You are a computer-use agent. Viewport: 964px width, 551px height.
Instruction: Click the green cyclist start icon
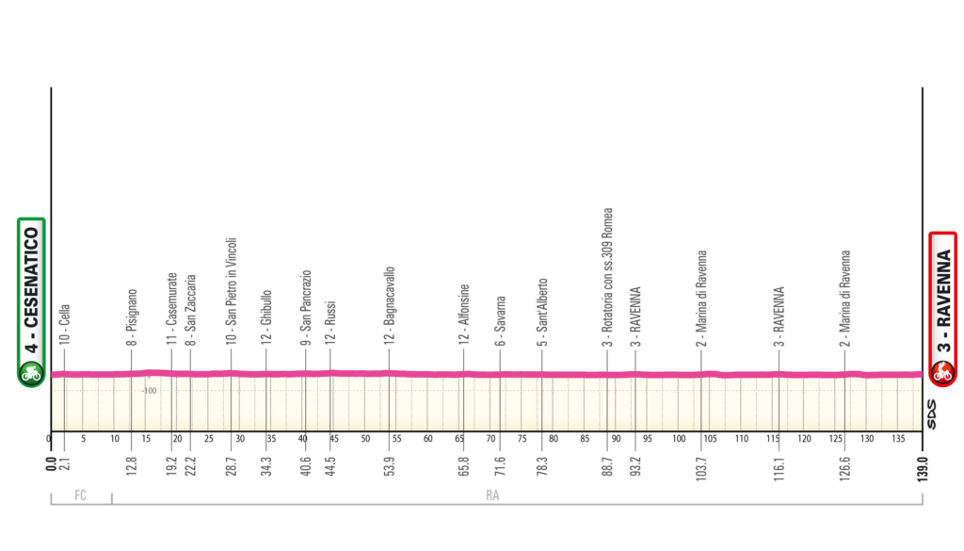tap(30, 374)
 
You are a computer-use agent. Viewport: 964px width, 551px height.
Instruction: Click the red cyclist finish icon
tap(942, 374)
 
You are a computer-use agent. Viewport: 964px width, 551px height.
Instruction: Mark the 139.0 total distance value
tap(924, 468)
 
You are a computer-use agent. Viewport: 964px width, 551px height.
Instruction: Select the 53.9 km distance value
tap(389, 466)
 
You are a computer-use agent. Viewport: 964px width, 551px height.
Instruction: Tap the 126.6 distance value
tap(845, 468)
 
